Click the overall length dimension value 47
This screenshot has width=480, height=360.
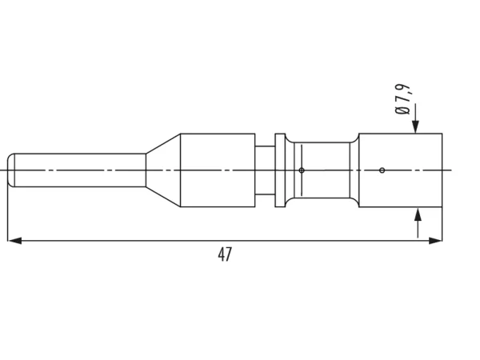pos(225,254)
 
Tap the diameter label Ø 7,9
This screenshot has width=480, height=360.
pos(403,99)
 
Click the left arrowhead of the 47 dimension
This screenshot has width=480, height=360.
pos(14,241)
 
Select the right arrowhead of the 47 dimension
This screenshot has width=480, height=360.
pos(435,241)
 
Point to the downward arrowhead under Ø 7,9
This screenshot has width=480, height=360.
pos(415,127)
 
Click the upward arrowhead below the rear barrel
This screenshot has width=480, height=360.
pos(418,214)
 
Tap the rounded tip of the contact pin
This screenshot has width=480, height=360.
pos(11,170)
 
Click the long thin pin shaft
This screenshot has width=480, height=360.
pos(80,170)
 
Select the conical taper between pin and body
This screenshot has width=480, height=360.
pos(163,170)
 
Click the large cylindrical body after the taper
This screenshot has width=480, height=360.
pos(218,170)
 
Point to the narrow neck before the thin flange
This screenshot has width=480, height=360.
pos(265,170)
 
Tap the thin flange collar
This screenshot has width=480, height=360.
pos(280,170)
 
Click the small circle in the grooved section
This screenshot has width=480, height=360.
pos(302,170)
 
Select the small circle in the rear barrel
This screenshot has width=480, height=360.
pos(382,170)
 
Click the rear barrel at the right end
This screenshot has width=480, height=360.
pos(401,170)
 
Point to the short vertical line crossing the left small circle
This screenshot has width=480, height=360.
pos(302,170)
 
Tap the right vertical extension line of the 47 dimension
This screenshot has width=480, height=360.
pos(442,224)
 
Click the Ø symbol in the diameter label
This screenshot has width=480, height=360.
pos(402,110)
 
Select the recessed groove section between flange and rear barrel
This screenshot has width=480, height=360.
pos(322,170)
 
